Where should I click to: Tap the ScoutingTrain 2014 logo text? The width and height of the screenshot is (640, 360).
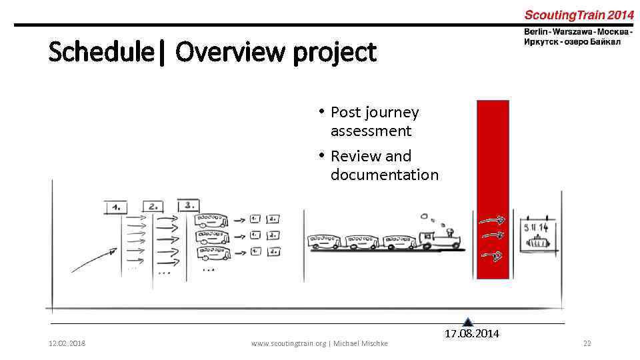pyautogui.click(x=579, y=15)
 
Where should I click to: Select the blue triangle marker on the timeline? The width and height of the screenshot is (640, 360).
pyautogui.click(x=468, y=322)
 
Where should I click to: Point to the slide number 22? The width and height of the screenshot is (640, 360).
pyautogui.click(x=587, y=343)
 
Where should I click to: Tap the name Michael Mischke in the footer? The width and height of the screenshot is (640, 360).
pyautogui.click(x=361, y=343)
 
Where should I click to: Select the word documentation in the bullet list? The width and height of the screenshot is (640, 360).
pyautogui.click(x=384, y=175)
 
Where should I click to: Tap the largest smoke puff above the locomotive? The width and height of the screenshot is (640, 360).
pyautogui.click(x=424, y=216)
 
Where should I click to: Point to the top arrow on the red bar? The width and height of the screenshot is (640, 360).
pyautogui.click(x=494, y=220)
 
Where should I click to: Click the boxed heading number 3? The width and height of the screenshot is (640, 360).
pyautogui.click(x=189, y=205)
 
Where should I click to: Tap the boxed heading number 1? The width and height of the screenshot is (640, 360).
pyautogui.click(x=116, y=207)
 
